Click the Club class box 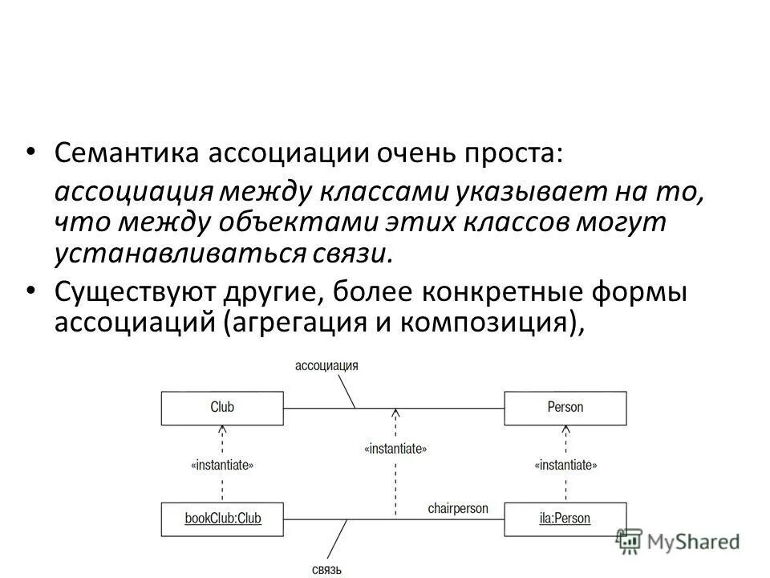[x=222, y=408]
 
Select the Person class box [x=565, y=408]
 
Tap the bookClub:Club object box [x=223, y=519]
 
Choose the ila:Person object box [x=565, y=519]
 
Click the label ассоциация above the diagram [x=326, y=365]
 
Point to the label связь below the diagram [x=326, y=570]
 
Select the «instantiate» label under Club [x=223, y=465]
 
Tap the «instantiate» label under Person [x=565, y=465]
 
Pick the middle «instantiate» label [x=395, y=450]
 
